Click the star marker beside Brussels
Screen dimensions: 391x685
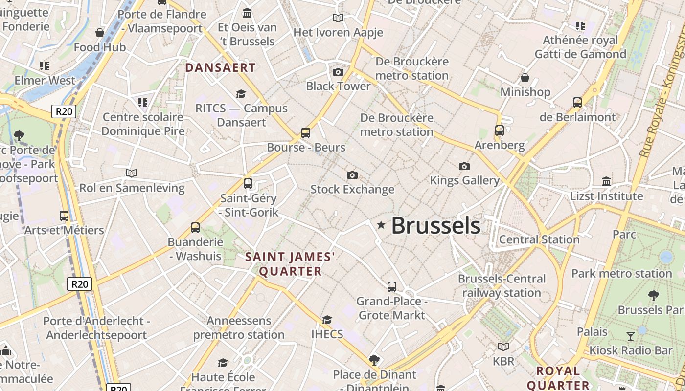click(381, 225)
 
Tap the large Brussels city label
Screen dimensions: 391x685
click(435, 225)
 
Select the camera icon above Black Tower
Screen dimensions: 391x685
click(338, 72)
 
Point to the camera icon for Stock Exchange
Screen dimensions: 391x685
click(352, 175)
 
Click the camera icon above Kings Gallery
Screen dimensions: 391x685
click(464, 166)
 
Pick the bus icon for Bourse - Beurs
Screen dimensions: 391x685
click(306, 132)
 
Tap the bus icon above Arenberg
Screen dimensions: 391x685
click(499, 130)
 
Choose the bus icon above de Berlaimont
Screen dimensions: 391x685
click(577, 103)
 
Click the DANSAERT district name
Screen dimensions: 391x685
click(221, 68)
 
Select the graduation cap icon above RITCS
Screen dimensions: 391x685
click(241, 93)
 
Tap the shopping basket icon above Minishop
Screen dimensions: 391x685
click(525, 78)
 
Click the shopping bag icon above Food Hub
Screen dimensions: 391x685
click(100, 33)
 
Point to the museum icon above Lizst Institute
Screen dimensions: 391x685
click(606, 181)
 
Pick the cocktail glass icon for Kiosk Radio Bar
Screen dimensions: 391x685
click(631, 336)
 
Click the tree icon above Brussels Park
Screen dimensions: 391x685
click(653, 295)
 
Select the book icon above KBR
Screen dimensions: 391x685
click(503, 347)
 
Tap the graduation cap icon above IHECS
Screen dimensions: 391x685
click(327, 320)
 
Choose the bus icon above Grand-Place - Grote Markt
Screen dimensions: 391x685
click(392, 286)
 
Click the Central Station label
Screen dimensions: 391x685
click(539, 239)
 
